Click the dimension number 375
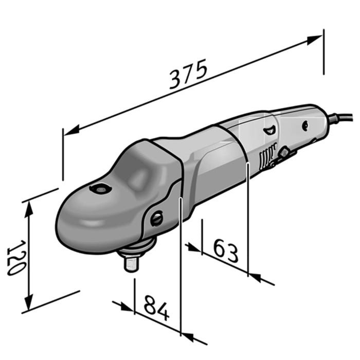click(x=189, y=74)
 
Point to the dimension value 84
click(x=156, y=307)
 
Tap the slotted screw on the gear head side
click(x=156, y=219)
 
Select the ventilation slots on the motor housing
click(x=265, y=156)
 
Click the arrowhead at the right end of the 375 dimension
click(x=316, y=39)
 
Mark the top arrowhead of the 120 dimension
click(x=29, y=205)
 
